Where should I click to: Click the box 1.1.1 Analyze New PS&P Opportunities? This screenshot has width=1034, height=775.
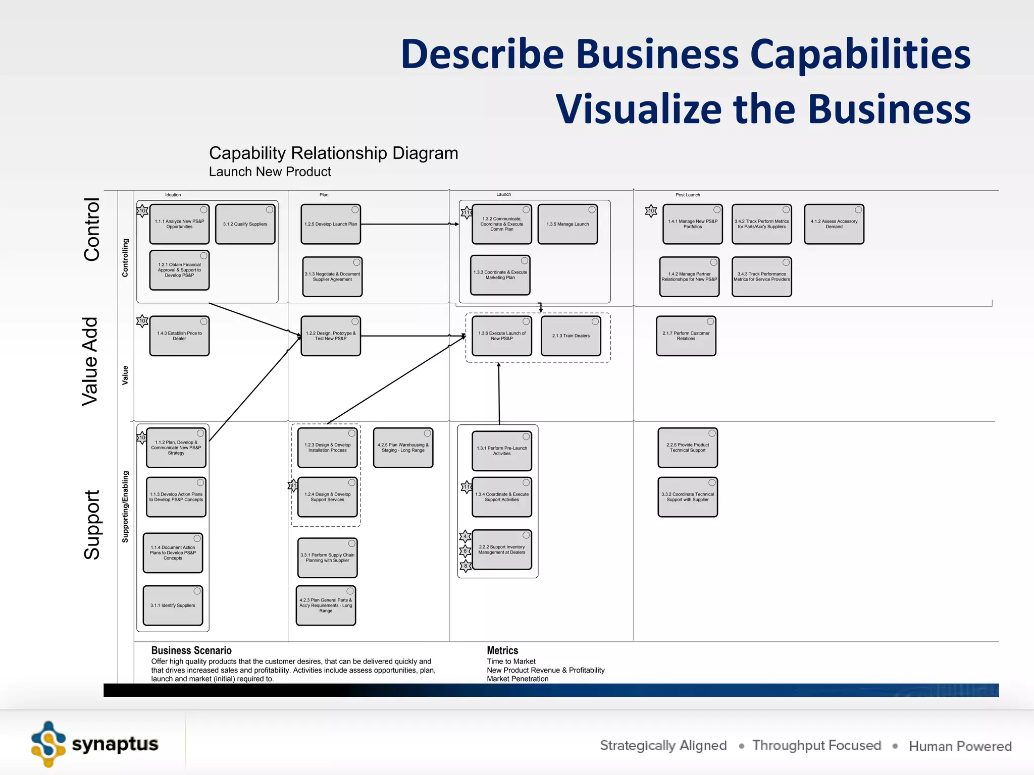(179, 224)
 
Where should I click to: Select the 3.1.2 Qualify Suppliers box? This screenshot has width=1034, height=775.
(245, 224)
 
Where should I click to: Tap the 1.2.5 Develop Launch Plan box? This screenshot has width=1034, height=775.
(331, 224)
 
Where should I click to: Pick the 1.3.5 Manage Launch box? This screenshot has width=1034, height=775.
(567, 224)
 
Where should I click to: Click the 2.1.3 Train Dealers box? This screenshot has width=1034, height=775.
(571, 336)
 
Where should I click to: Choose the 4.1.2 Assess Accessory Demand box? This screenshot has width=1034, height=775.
(834, 224)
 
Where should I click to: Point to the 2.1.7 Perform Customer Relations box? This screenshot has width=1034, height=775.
(686, 336)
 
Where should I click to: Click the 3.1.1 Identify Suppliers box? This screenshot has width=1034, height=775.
(173, 605)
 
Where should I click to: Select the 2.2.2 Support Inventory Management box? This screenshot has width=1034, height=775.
(501, 550)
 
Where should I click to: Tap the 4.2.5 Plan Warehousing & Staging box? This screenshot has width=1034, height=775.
(403, 448)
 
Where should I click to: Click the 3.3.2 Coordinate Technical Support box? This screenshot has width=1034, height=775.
(687, 497)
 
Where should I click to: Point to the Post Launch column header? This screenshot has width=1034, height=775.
(688, 195)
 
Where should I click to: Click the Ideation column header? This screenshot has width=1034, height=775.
(173, 195)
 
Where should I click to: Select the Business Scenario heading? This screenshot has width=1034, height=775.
(191, 650)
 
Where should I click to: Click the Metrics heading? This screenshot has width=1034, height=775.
(502, 650)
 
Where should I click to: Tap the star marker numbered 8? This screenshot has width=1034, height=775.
(466, 566)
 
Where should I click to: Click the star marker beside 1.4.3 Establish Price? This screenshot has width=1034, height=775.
(142, 321)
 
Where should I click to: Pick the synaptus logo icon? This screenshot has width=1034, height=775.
(48, 744)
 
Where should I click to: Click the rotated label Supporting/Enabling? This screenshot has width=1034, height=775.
(125, 507)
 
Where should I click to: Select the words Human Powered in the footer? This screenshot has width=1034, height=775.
(960, 746)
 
